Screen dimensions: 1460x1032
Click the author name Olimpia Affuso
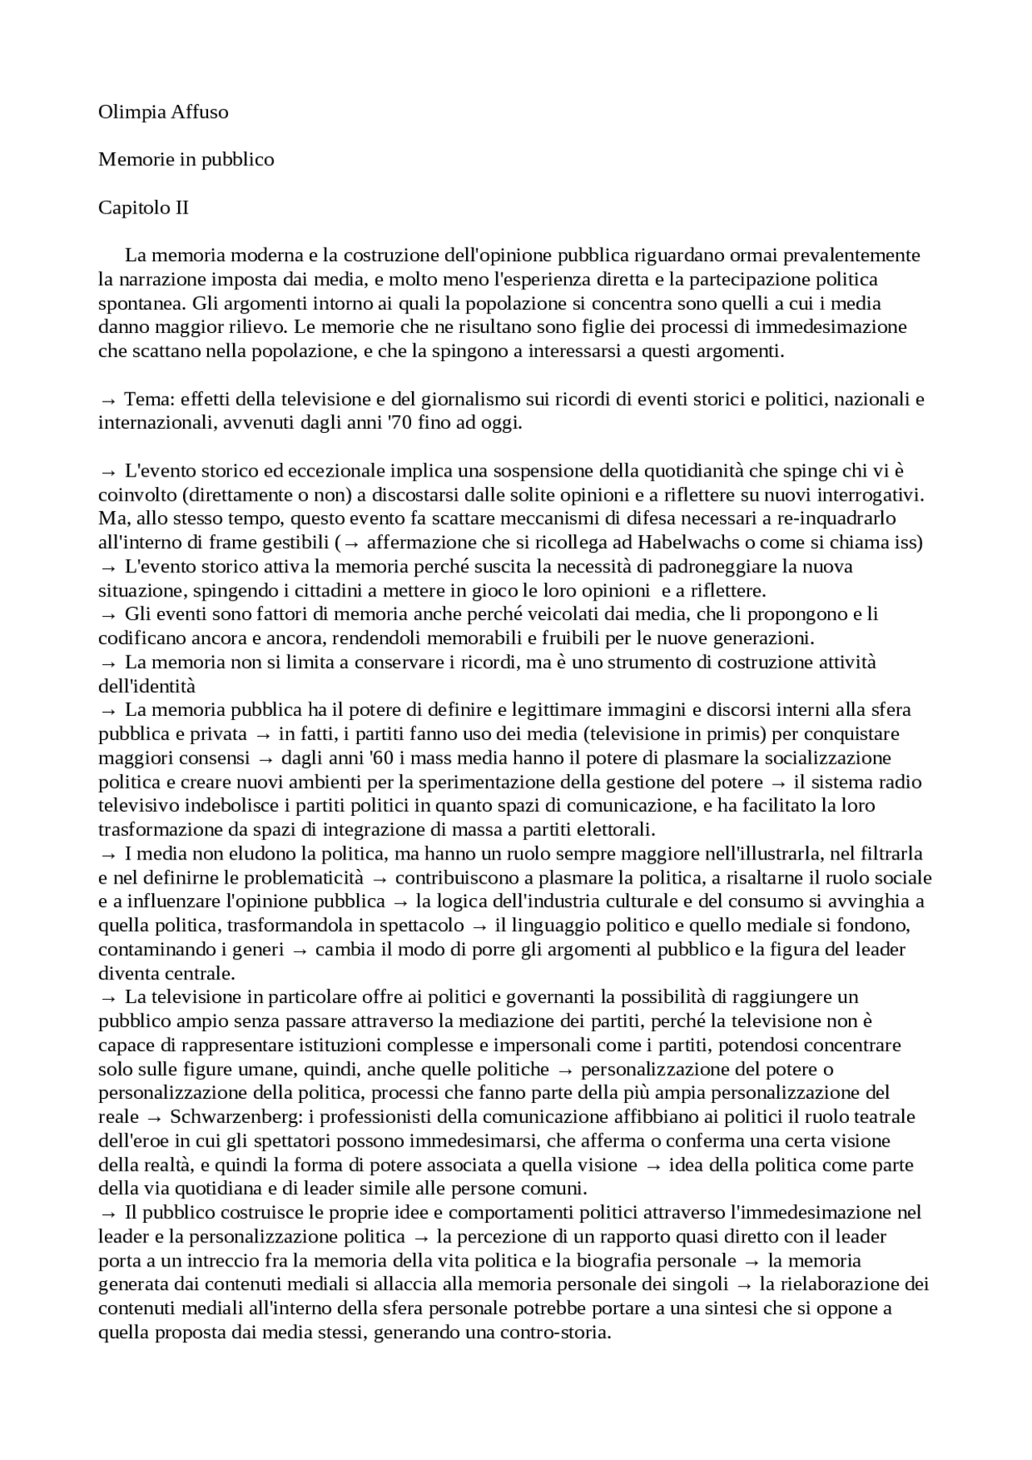point(163,112)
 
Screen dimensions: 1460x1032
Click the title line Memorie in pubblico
point(186,160)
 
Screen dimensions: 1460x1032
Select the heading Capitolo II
point(144,208)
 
